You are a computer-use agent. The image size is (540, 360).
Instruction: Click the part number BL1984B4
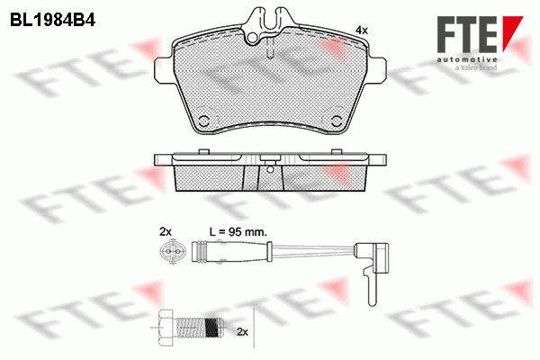tap(52, 21)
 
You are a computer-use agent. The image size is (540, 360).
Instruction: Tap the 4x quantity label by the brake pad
tap(361, 31)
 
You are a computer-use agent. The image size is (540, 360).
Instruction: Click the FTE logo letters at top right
tap(466, 34)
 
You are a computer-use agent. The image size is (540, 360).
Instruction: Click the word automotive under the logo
tap(467, 59)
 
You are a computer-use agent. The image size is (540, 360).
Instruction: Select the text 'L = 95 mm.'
tap(238, 232)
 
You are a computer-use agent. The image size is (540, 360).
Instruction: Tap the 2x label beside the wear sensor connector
tap(166, 232)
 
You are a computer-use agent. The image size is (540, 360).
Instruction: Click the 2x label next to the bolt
tap(242, 332)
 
